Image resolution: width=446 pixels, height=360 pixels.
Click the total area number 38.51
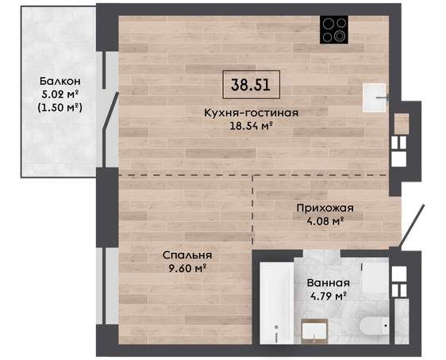[251, 85]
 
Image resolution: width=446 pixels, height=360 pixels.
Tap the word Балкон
[60, 81]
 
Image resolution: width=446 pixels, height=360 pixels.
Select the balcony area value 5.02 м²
[60, 94]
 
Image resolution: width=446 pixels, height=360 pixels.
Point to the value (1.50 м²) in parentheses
[60, 107]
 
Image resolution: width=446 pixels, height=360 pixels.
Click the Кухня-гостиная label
[251, 113]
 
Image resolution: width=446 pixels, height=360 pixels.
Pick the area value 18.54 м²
[252, 125]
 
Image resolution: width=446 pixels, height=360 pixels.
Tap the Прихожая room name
[325, 208]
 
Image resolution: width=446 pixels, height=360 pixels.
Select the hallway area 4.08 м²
[325, 220]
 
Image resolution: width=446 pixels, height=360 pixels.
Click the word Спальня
[187, 255]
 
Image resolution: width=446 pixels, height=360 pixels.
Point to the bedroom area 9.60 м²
[187, 268]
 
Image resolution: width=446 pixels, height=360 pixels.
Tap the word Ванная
[329, 283]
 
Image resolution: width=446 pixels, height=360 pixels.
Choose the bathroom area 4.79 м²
[329, 296]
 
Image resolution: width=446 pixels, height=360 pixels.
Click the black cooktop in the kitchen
[334, 29]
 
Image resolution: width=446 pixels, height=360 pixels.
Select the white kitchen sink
[375, 98]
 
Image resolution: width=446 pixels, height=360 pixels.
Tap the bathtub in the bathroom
[277, 303]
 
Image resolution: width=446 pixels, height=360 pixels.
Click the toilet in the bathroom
[374, 326]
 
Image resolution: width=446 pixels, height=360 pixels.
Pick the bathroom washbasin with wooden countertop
[314, 331]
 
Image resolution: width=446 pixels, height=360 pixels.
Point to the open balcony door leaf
[110, 111]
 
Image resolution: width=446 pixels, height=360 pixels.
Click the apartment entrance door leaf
[412, 226]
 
